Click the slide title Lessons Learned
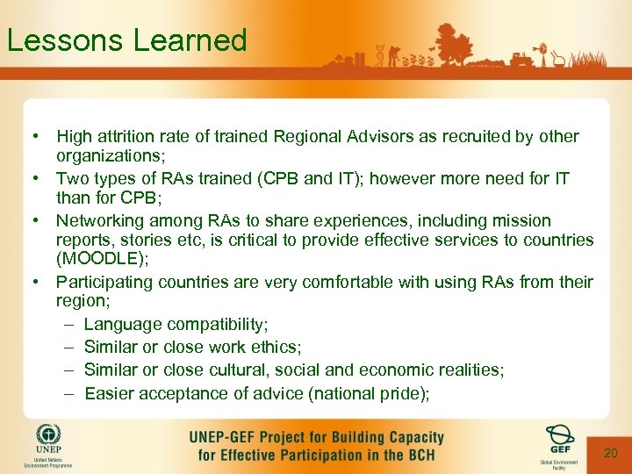tap(126, 40)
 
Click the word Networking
tap(99, 220)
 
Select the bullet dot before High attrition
tap(33, 137)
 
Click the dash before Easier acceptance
tap(69, 393)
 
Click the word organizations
tap(106, 156)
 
